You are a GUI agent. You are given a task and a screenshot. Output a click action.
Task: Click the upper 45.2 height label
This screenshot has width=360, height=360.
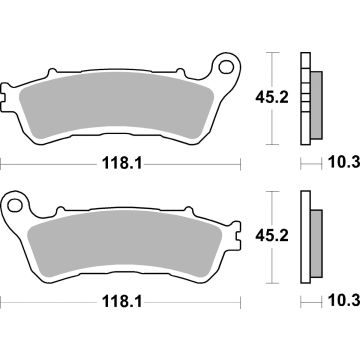pos(282,96)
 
